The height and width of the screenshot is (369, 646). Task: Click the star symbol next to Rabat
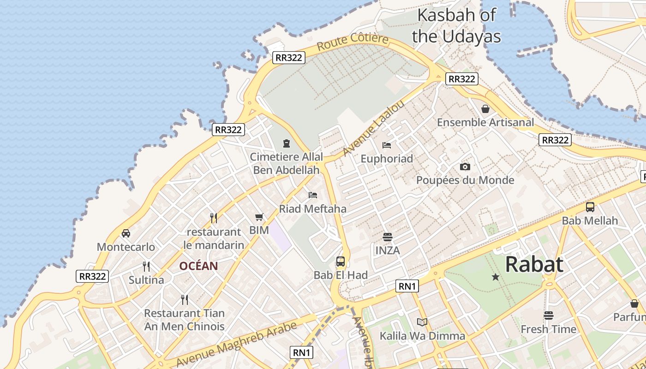(496, 277)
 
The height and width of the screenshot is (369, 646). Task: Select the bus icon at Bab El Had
(341, 262)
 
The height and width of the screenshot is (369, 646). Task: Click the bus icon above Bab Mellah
(590, 207)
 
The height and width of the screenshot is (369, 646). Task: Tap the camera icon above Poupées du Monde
(465, 167)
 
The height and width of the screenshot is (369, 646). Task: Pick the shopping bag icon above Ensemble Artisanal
(485, 109)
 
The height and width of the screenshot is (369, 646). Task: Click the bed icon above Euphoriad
(387, 145)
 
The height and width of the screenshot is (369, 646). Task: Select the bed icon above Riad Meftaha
(313, 195)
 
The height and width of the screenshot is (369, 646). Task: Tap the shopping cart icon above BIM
(259, 217)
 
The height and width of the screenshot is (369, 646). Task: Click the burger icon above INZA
(387, 237)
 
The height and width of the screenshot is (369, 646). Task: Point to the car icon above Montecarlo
(126, 233)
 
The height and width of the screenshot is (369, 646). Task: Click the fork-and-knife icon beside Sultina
(146, 267)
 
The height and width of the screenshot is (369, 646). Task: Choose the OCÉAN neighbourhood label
(198, 266)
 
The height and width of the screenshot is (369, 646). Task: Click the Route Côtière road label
(353, 42)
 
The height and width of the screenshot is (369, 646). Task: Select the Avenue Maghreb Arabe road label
(236, 345)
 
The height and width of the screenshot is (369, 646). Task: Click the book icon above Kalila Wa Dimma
(422, 322)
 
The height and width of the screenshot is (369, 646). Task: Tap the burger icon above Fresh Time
(548, 315)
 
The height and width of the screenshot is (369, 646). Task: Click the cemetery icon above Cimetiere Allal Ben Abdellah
(287, 143)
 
